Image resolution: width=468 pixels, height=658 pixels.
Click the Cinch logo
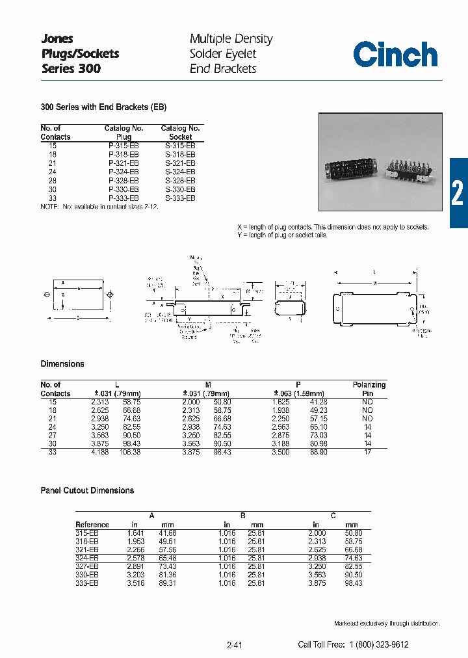[x=395, y=55]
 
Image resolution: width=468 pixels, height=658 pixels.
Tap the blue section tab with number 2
[x=458, y=192]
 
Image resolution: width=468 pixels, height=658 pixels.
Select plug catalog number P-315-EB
[x=123, y=146]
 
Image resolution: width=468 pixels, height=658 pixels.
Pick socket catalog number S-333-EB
[x=180, y=198]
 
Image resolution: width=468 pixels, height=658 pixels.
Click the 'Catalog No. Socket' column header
[x=180, y=133]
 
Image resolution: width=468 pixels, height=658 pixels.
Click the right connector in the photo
[x=408, y=172]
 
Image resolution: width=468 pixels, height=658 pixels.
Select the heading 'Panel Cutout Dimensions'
[x=87, y=490]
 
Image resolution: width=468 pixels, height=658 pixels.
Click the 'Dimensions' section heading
[x=62, y=364]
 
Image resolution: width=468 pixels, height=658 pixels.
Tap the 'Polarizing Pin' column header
[x=369, y=389]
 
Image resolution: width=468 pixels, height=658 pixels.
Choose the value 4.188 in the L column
[x=99, y=452]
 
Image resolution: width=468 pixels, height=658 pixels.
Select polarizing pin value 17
[x=368, y=452]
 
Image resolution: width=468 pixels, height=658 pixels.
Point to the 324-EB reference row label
[x=87, y=559]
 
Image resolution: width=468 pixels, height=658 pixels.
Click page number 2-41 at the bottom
[x=235, y=645]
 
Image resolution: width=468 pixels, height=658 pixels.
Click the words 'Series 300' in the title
[x=71, y=68]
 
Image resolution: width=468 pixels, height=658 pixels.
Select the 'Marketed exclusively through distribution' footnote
[x=387, y=624]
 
